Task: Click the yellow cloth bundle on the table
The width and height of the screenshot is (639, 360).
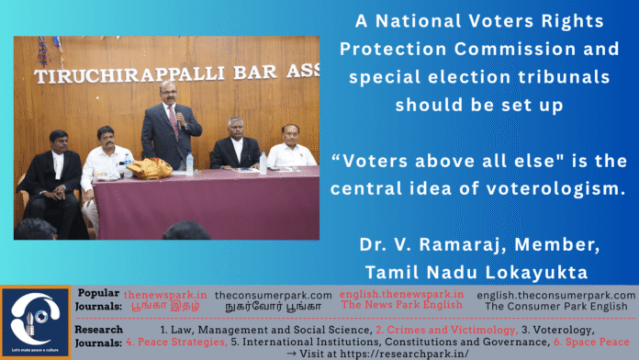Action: coord(145,168)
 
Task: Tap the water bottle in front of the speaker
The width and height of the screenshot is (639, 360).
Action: coord(190,164)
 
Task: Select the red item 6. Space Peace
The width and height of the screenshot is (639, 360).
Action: coord(590,341)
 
